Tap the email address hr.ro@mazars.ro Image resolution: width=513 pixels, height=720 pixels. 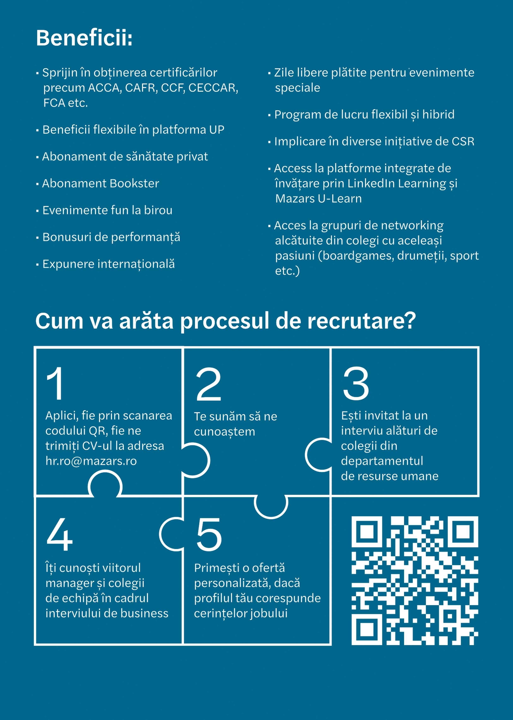tap(91, 461)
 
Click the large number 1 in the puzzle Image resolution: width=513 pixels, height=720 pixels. tap(56, 383)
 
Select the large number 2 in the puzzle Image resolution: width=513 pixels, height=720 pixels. tap(209, 384)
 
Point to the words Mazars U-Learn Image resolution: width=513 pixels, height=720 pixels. tap(318, 199)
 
